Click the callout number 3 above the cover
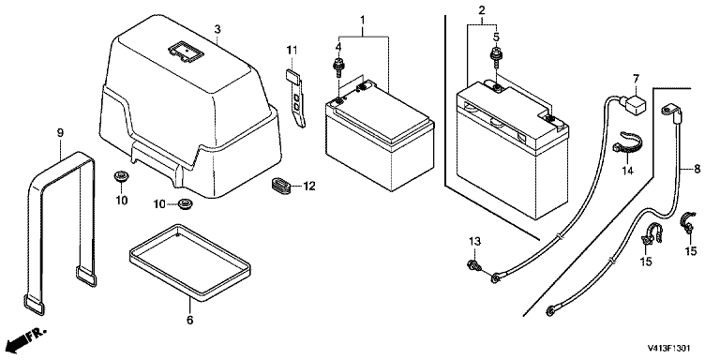click(x=217, y=29)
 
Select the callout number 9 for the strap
click(x=60, y=133)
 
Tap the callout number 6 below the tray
click(x=190, y=320)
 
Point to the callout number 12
click(x=309, y=187)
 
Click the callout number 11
click(x=292, y=49)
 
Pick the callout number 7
click(x=636, y=79)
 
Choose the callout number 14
click(x=628, y=172)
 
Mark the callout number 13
click(x=474, y=241)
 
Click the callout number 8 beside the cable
click(x=697, y=169)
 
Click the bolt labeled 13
click(x=472, y=264)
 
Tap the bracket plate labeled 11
click(x=295, y=98)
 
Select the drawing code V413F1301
click(x=668, y=348)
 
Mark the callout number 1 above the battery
click(x=362, y=20)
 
